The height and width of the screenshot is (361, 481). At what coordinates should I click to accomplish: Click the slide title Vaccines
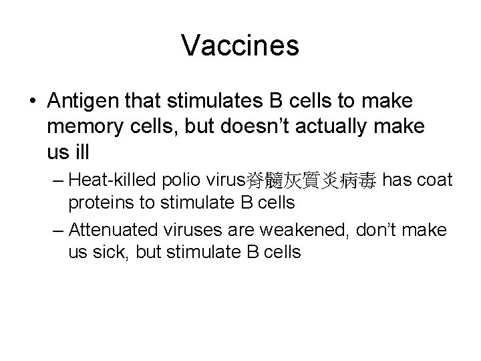[x=240, y=45]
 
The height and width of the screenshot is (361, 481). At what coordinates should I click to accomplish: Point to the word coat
[x=437, y=180]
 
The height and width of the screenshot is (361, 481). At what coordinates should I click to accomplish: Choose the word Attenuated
[x=112, y=230]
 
